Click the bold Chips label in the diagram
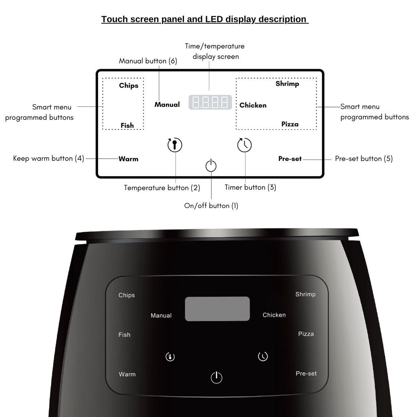coord(129,86)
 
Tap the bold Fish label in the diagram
coord(127,125)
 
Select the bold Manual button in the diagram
coord(167,105)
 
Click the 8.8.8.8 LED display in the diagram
coord(210,102)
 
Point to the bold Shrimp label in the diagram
coord(287,83)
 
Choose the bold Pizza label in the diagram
coord(290,124)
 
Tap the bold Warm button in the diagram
coord(128,159)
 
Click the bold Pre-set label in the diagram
coord(290,159)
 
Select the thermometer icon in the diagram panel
coord(175,145)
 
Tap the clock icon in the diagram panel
coord(244,145)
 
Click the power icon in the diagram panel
coord(211,166)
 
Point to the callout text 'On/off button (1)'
coord(211,206)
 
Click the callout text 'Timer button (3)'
coord(250,187)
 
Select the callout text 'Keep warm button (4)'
coord(48,158)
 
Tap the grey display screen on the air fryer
coord(217,309)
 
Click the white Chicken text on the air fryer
coord(274,315)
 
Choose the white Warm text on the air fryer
coord(127,374)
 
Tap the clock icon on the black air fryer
coord(263,356)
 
